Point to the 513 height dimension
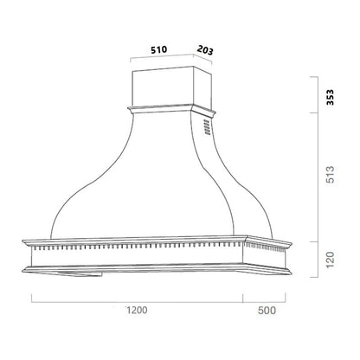[330, 180]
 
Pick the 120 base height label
[330, 259]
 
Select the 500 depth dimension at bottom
[266, 309]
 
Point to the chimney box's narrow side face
[201, 88]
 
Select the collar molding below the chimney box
[164, 111]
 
